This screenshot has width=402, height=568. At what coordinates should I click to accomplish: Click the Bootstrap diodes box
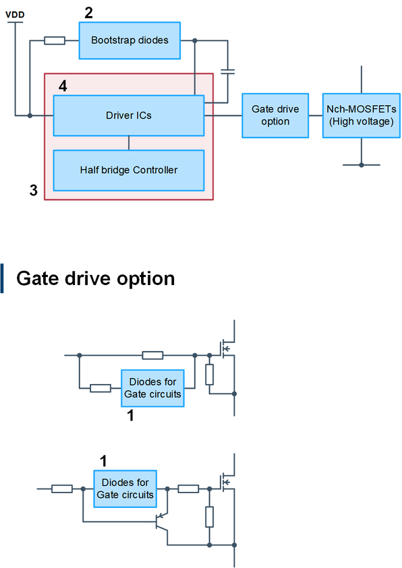(130, 40)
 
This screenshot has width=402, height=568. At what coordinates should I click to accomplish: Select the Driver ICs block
(129, 116)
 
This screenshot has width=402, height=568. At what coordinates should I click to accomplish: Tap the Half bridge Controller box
(129, 170)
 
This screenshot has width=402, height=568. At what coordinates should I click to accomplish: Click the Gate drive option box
(275, 116)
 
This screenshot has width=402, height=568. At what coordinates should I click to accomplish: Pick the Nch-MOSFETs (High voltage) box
(362, 116)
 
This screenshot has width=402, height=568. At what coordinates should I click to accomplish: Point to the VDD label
(15, 15)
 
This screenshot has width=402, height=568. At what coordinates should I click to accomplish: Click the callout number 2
(89, 13)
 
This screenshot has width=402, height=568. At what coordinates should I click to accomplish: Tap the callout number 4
(63, 86)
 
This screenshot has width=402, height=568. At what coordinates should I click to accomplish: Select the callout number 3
(33, 190)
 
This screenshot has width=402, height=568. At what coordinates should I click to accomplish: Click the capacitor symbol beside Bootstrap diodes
(228, 71)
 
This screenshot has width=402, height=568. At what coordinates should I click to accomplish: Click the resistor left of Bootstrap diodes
(55, 40)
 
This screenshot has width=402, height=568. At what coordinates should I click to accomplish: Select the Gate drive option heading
(96, 278)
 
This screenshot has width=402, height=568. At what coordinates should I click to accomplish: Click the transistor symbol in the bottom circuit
(161, 522)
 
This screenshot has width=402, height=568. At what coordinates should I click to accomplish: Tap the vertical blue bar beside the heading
(2, 278)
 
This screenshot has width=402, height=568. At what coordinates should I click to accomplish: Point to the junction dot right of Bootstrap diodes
(195, 40)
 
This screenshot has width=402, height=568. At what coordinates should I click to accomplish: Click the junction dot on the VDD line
(30, 116)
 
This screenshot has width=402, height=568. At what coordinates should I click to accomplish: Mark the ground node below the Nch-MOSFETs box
(362, 165)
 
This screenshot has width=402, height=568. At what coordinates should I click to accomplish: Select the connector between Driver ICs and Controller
(129, 143)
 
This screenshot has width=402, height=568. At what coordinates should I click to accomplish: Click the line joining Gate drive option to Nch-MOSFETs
(316, 116)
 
